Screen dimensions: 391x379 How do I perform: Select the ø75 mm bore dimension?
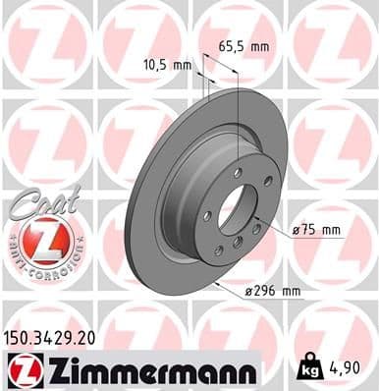pos(316,231)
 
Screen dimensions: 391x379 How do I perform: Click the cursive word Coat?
pos(37,201)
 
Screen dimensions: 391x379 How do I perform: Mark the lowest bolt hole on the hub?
pos(237,242)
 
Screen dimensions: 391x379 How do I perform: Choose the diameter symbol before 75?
pos(297,231)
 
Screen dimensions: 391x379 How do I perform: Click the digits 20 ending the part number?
pos(88,338)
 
